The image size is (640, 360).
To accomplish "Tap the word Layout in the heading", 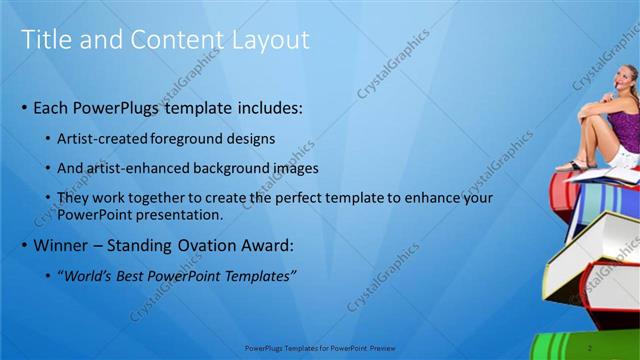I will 270,40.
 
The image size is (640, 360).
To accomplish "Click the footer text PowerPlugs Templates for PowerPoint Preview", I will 321,347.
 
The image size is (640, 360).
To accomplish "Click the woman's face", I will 627,81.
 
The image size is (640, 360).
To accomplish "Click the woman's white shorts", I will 625,155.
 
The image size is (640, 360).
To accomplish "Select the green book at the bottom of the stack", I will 585,345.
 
